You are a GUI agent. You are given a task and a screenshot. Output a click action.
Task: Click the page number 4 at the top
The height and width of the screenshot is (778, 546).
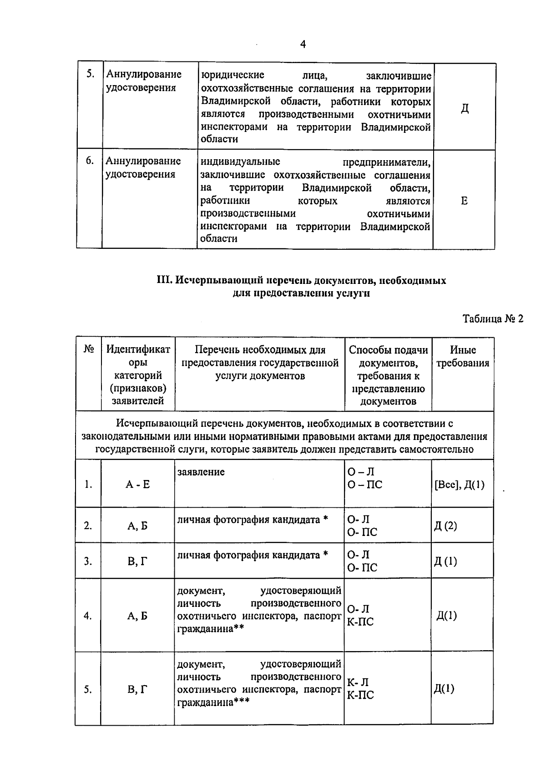click(303, 44)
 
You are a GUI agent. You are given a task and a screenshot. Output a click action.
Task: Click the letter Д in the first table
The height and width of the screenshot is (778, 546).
click(465, 109)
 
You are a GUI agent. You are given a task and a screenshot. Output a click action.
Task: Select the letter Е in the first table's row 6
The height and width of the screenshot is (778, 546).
click(464, 201)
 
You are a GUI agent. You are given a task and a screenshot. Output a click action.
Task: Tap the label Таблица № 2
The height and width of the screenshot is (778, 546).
click(493, 318)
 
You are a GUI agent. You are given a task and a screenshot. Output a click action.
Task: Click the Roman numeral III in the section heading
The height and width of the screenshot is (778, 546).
click(163, 280)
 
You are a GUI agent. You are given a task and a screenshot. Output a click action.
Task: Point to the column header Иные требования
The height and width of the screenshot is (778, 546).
click(463, 356)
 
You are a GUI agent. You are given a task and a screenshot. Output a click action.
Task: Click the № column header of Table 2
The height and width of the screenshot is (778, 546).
click(89, 349)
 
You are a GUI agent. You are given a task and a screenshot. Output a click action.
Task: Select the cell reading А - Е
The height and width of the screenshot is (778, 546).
click(137, 485)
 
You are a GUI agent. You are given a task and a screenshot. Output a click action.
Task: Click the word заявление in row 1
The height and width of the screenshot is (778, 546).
click(201, 472)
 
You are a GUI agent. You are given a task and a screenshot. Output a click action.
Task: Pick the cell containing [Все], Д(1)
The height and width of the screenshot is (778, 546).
click(460, 485)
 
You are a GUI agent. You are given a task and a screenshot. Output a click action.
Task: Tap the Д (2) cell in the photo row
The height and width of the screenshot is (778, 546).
click(445, 526)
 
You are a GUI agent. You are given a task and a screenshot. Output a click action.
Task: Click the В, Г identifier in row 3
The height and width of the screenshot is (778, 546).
click(137, 561)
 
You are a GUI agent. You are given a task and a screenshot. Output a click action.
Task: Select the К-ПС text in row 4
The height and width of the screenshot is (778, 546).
click(360, 621)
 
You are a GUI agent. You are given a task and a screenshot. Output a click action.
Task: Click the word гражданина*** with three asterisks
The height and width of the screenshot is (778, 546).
click(213, 702)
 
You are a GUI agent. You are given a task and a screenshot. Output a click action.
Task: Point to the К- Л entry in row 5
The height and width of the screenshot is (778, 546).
click(358, 682)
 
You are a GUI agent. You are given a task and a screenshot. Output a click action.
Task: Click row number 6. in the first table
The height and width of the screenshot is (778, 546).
click(90, 161)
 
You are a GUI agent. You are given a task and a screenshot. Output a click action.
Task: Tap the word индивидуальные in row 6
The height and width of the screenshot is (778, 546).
click(240, 162)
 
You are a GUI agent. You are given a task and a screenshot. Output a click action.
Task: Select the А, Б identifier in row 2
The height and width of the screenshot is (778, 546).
click(137, 526)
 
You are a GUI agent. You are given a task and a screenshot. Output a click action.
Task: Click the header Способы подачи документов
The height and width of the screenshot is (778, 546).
click(388, 356)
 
